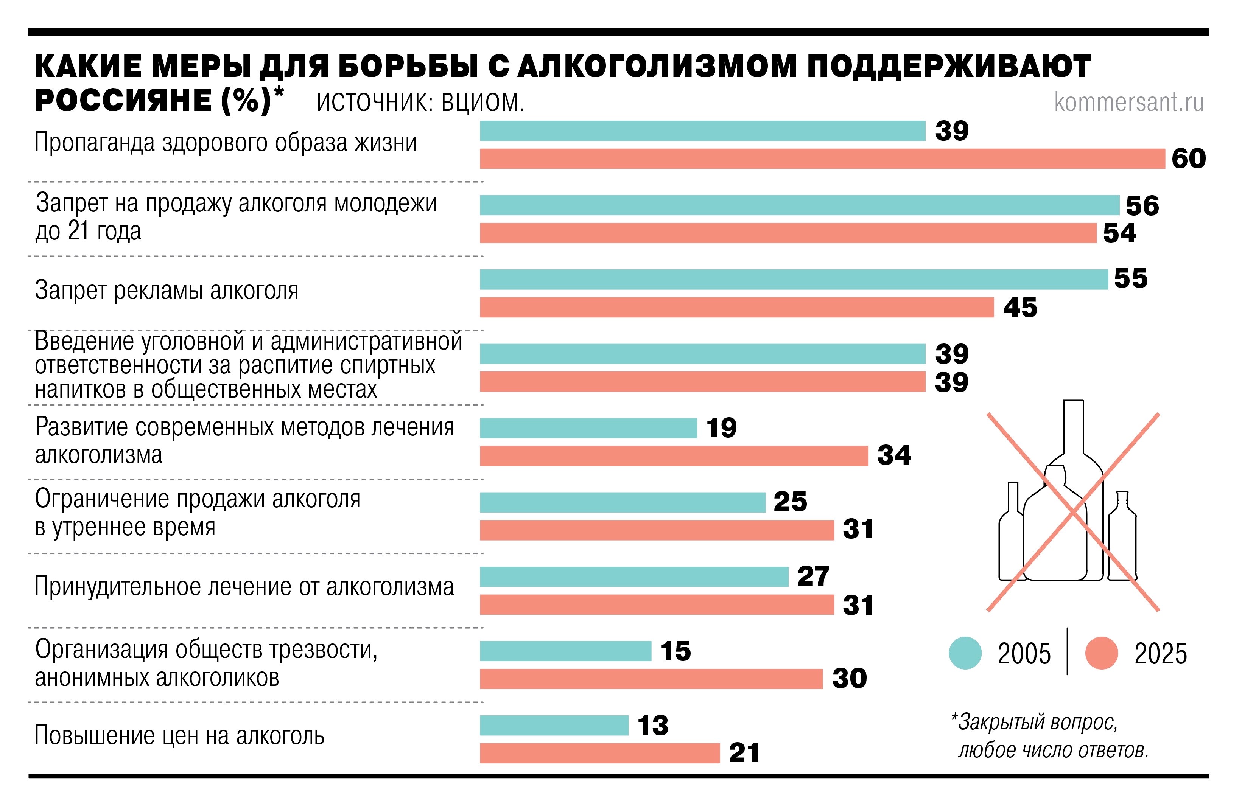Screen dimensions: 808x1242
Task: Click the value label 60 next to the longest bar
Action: (x=1188, y=158)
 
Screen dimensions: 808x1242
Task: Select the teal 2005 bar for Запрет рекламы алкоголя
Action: (x=793, y=280)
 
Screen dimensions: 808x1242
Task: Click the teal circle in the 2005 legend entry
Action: (x=965, y=653)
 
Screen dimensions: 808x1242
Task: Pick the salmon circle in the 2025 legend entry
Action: (x=1101, y=653)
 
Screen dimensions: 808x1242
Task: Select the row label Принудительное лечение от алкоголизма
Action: (x=244, y=586)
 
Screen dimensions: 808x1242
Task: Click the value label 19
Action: (x=721, y=428)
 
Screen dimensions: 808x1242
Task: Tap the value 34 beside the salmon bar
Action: (x=894, y=455)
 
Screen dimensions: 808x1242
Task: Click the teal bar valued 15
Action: (x=565, y=651)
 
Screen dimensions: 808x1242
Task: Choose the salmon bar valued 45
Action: (x=736, y=307)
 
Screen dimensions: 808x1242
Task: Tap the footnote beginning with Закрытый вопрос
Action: (x=1049, y=736)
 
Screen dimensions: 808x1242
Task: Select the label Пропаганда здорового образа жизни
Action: (x=226, y=142)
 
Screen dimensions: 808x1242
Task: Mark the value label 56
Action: (x=1142, y=206)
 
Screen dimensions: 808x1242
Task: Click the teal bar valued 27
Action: (x=633, y=577)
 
